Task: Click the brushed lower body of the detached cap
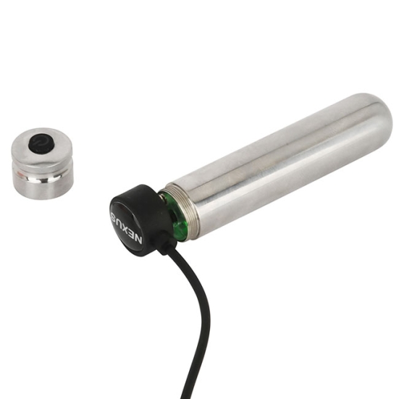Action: point(43,190)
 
